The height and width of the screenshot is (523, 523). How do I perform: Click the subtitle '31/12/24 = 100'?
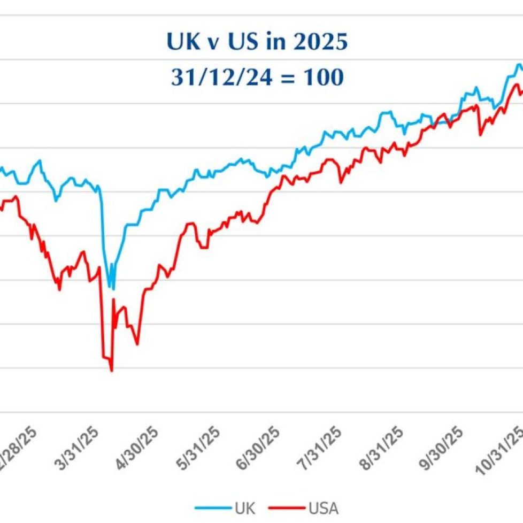tap(257, 78)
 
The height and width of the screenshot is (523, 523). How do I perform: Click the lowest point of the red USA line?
tap(112, 371)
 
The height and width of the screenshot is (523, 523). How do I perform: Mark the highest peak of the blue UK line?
tap(518, 64)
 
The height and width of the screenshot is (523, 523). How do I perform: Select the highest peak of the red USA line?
tap(516, 84)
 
